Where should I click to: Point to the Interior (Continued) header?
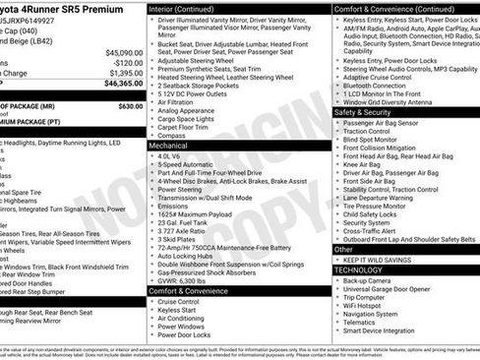click(189, 8)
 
